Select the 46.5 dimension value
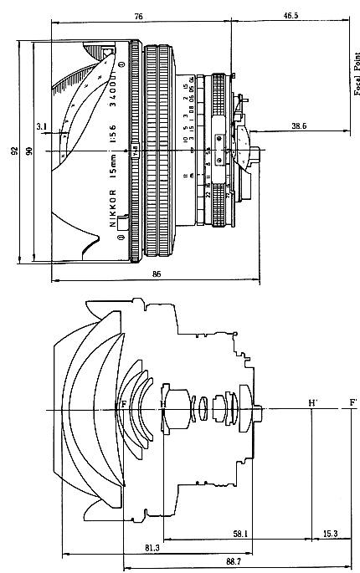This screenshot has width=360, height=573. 291,16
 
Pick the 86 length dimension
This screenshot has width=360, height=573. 157,274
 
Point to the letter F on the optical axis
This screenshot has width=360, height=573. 124,404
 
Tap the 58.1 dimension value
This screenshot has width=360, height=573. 240,532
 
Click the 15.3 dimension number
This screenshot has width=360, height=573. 330,532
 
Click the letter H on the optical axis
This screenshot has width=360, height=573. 163,404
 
